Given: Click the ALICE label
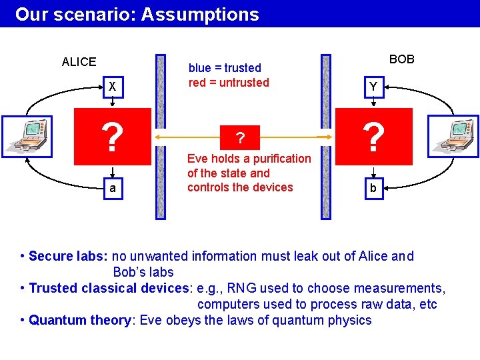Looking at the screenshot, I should click(x=79, y=62).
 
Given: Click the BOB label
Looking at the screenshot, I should click(x=401, y=59).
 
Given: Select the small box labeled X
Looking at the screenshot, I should click(x=113, y=87).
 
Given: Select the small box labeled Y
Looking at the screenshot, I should click(x=373, y=87).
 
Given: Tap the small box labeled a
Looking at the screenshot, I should click(x=113, y=189).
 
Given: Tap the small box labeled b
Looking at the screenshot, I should click(x=373, y=189).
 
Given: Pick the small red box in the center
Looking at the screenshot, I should click(x=241, y=137).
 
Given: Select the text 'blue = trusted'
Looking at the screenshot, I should click(x=225, y=68).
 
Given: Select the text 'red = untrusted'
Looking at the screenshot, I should click(x=229, y=83).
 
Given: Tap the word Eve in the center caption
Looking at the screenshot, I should click(x=197, y=159).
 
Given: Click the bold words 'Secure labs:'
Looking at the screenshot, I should click(x=69, y=256).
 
